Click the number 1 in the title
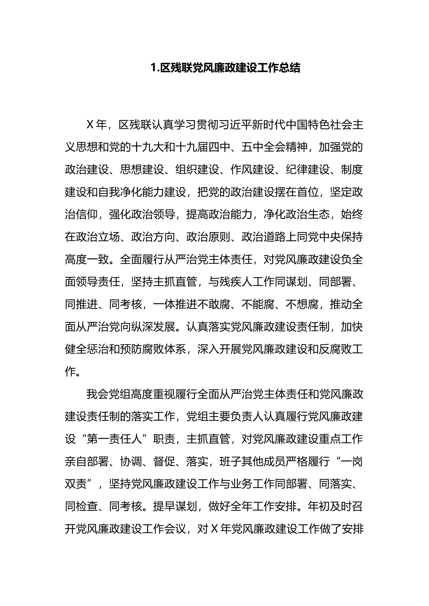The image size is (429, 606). point(153,68)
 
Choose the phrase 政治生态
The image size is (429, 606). point(308,215)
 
